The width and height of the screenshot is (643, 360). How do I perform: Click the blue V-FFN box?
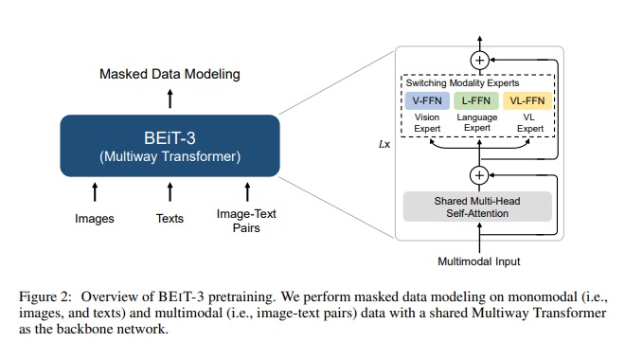tap(427, 100)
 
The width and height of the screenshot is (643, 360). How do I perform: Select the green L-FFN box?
tap(476, 100)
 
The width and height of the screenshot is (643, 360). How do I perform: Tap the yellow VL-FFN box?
tap(527, 100)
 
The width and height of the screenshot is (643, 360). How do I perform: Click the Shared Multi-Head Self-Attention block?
tap(477, 207)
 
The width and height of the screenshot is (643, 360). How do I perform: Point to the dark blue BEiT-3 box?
tap(170, 146)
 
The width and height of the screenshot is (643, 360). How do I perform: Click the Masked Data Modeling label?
tap(170, 74)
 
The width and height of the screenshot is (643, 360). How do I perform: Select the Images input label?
tap(95, 219)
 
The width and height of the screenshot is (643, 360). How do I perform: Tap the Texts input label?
tap(170, 219)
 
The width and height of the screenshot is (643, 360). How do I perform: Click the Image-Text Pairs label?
tap(246, 221)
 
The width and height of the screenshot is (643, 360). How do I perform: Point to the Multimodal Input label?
tap(479, 261)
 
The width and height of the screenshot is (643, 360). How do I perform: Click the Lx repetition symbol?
tap(384, 144)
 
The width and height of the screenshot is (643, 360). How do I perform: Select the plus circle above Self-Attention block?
tap(479, 175)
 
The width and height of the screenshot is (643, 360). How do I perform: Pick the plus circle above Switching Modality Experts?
tap(480, 61)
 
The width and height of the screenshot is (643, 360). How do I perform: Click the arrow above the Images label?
tap(95, 192)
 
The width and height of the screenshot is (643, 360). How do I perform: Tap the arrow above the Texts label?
tap(170, 192)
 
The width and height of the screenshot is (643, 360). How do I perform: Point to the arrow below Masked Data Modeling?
tap(170, 99)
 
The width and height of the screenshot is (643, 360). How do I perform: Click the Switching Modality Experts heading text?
tap(462, 83)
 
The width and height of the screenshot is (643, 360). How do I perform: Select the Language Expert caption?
tap(477, 122)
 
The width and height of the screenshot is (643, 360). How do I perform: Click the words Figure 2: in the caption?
tap(45, 297)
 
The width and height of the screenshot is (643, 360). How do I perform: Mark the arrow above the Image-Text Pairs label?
tap(247, 192)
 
